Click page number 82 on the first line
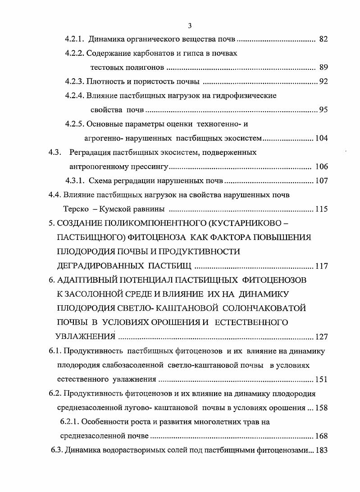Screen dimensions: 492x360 coord(323,39)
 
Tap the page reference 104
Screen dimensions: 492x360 coord(321,138)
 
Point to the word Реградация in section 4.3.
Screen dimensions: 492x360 coord(91,152)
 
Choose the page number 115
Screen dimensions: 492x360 coord(321,209)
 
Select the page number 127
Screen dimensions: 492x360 coord(321,337)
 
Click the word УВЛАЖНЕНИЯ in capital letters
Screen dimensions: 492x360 coord(84,336)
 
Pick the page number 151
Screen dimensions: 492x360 coord(321,379)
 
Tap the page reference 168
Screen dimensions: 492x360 coord(321,436)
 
